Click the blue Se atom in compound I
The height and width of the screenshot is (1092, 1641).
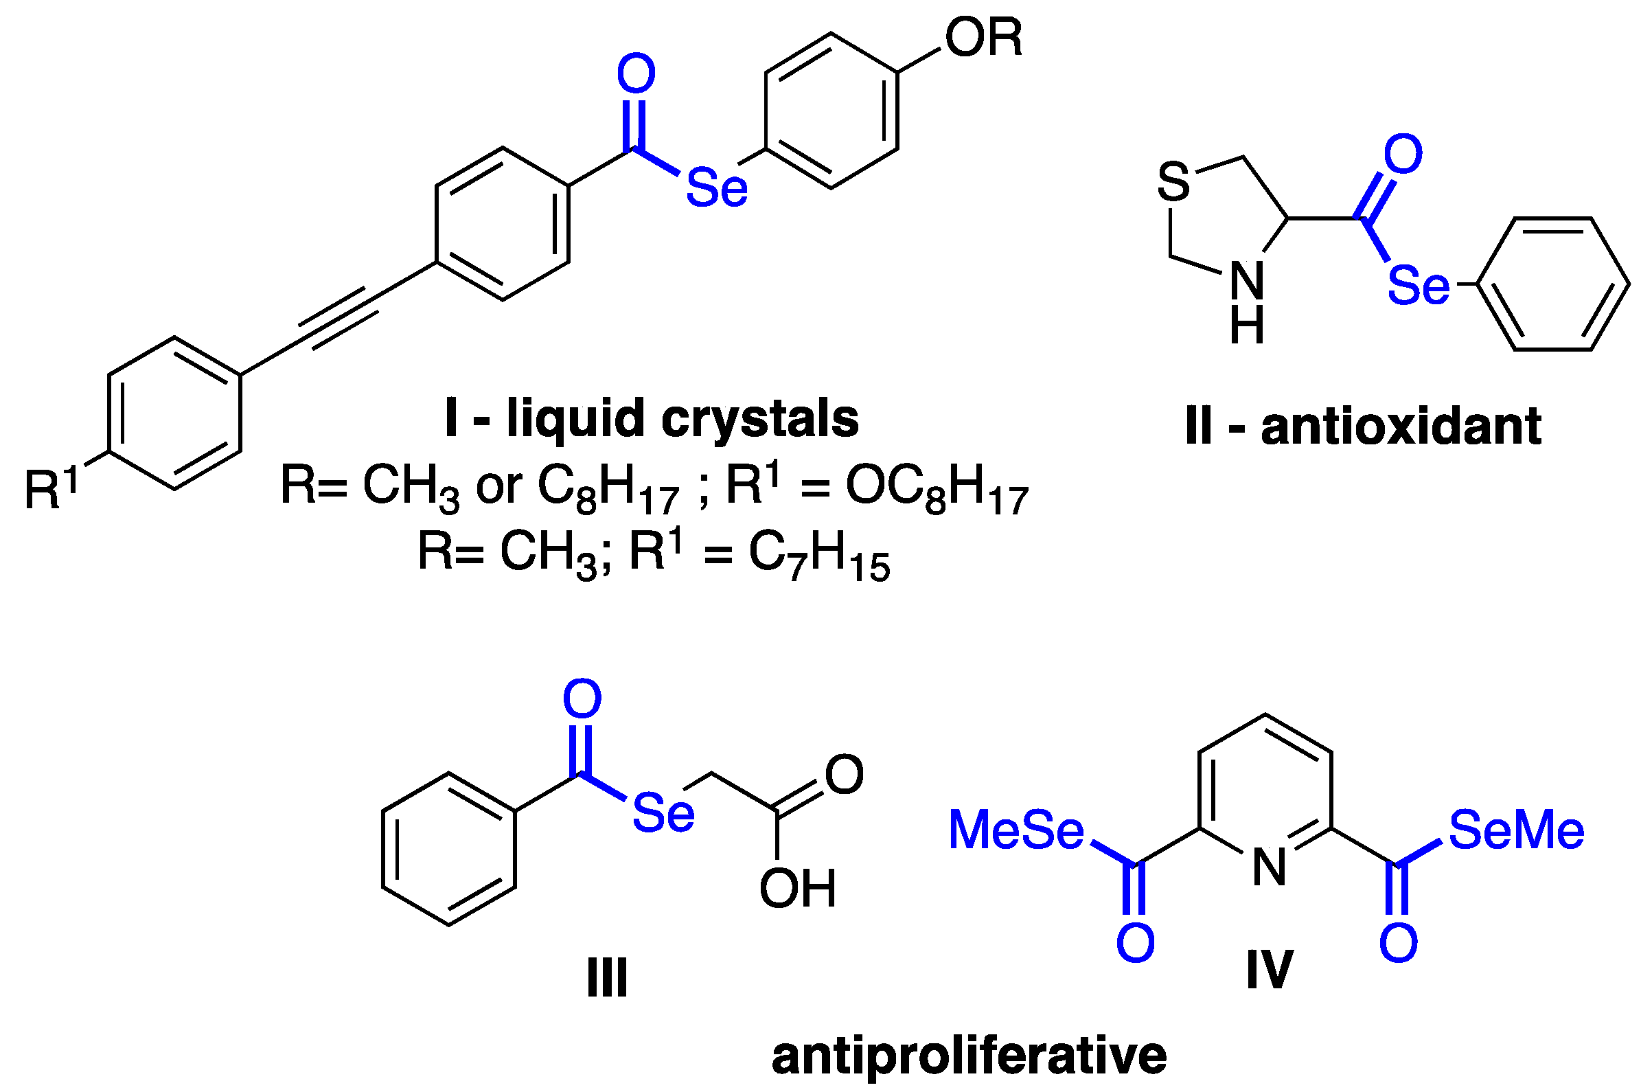coord(716,188)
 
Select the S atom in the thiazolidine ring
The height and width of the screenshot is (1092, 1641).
coord(1174,183)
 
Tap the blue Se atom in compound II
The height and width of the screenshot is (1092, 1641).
coord(1419,286)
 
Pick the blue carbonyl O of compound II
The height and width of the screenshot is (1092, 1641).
coord(1403,155)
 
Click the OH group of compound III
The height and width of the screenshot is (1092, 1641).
coord(797,889)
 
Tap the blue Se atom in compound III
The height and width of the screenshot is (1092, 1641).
coord(663,813)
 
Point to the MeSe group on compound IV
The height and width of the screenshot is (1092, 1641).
coord(1015,830)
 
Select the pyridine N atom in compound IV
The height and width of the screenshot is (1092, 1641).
coord(1270,868)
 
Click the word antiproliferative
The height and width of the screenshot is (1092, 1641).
coord(969,1056)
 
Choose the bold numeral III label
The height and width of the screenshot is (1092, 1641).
coord(607,979)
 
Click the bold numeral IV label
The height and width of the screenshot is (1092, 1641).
coord(1270,969)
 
